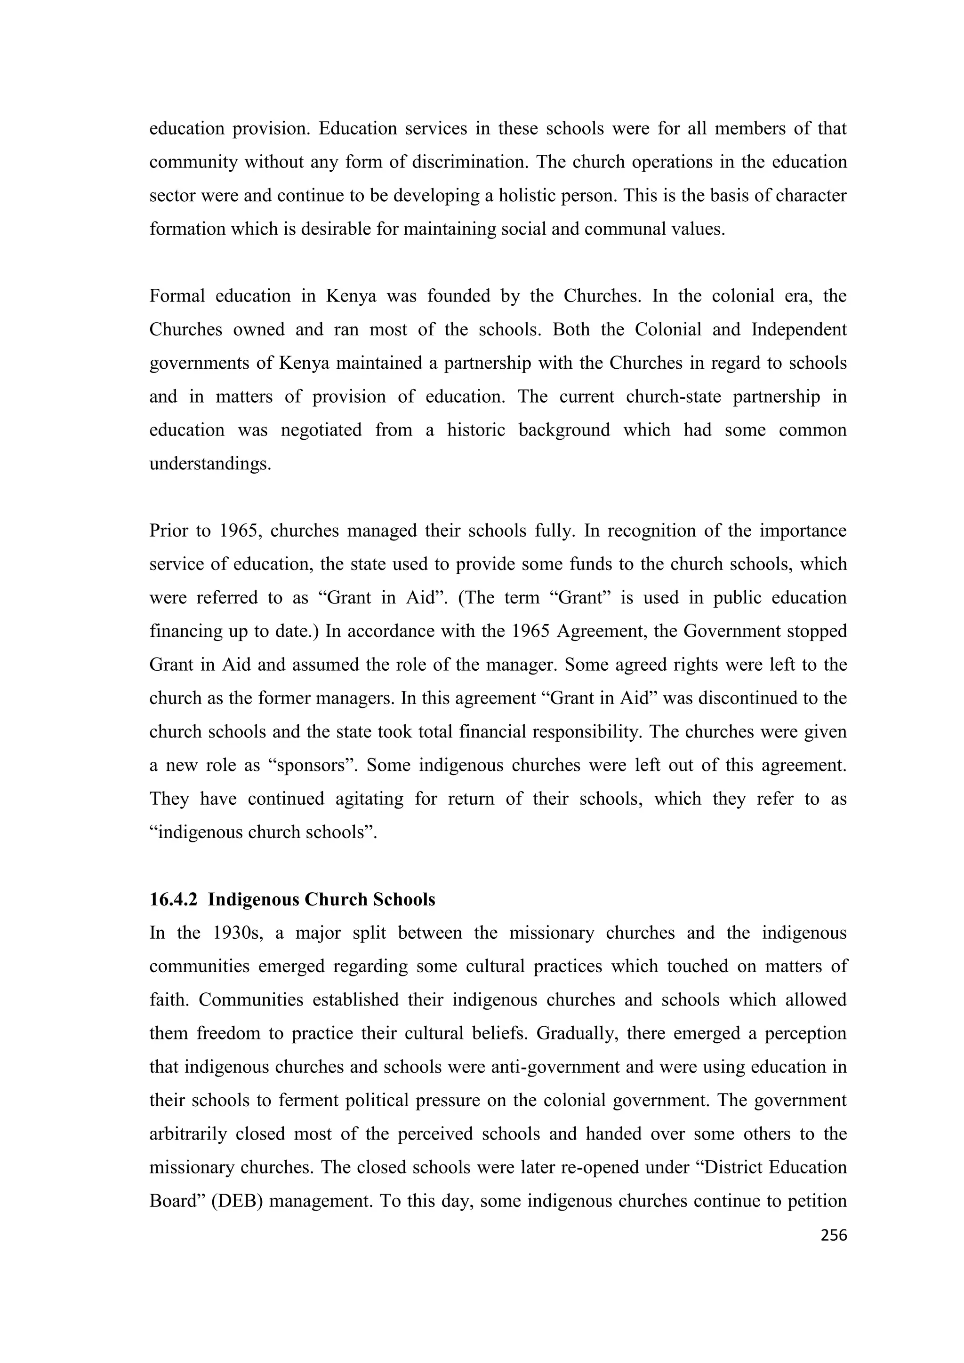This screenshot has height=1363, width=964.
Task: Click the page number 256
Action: [x=833, y=1236]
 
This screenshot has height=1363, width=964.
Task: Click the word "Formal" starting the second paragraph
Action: [x=176, y=296]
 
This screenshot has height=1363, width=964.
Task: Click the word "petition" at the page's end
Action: [x=816, y=1202]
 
